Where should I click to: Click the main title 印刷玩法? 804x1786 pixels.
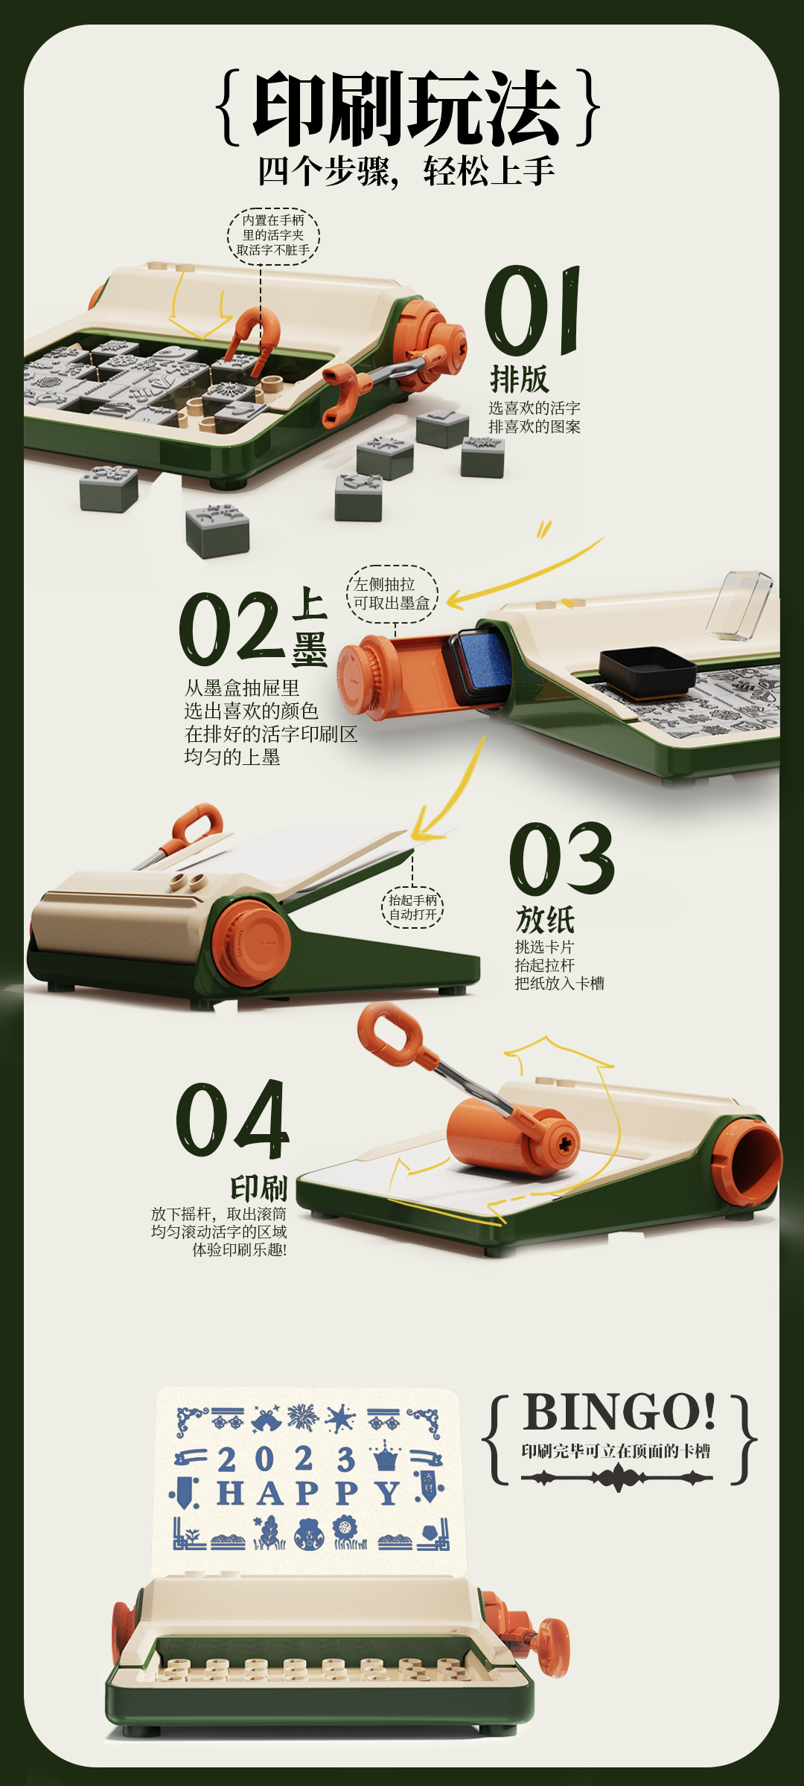(x=406, y=109)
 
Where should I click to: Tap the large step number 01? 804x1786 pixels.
(x=532, y=310)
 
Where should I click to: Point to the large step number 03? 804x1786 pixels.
(x=562, y=859)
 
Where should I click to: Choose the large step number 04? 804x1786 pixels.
(x=232, y=1119)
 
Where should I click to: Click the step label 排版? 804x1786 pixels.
(x=520, y=379)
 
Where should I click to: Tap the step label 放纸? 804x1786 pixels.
(x=545, y=920)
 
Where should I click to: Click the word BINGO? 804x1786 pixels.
(x=619, y=1411)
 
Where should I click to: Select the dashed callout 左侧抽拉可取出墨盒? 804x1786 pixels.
(x=392, y=594)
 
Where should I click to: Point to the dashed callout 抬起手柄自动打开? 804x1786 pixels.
(x=413, y=907)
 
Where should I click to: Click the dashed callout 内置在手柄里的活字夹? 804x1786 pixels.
(x=273, y=235)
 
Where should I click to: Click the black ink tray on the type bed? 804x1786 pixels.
(x=647, y=672)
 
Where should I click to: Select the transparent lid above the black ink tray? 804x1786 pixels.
(x=739, y=605)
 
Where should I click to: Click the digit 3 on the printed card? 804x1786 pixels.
(x=345, y=1459)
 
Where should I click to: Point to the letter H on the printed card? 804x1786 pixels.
(x=230, y=1494)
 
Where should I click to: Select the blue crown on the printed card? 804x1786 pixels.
(x=386, y=1456)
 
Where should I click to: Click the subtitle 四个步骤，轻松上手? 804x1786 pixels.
(x=406, y=171)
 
